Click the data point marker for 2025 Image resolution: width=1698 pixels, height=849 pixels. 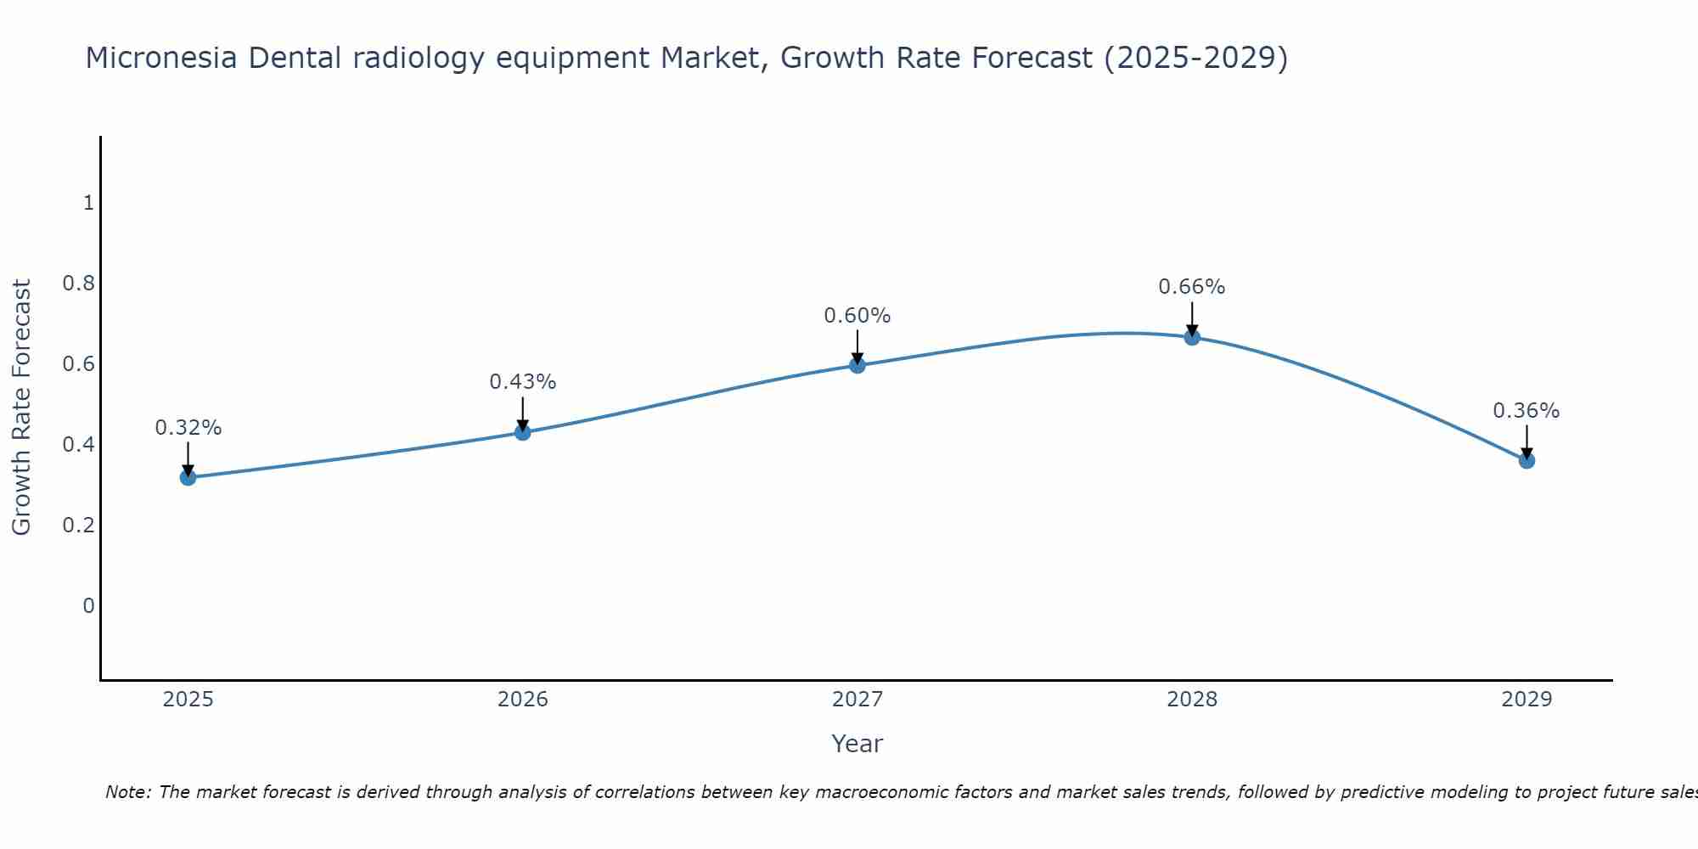click(188, 477)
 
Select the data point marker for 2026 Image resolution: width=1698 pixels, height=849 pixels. click(522, 432)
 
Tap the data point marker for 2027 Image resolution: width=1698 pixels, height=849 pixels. click(857, 365)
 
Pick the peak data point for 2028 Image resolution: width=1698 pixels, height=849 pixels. click(1192, 337)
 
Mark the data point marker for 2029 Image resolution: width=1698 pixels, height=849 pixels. click(1527, 461)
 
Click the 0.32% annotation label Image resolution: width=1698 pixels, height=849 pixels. click(188, 428)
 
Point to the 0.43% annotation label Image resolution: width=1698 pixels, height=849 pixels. click(522, 382)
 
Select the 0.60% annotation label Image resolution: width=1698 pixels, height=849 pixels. click(857, 316)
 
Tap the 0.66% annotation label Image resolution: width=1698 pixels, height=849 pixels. click(1192, 287)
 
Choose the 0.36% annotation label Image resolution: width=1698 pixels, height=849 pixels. click(1527, 411)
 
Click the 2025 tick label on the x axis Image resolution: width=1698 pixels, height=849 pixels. click(188, 700)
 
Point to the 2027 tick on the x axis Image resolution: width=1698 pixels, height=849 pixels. click(857, 700)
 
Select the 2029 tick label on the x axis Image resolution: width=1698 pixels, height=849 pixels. click(1527, 700)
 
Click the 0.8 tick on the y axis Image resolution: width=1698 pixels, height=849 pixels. click(78, 284)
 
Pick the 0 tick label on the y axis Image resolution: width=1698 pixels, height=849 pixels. click(88, 606)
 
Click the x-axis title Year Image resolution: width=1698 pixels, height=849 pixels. click(857, 744)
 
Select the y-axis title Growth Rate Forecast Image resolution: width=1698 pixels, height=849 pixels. click(21, 408)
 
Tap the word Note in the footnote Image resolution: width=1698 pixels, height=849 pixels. click(127, 792)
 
